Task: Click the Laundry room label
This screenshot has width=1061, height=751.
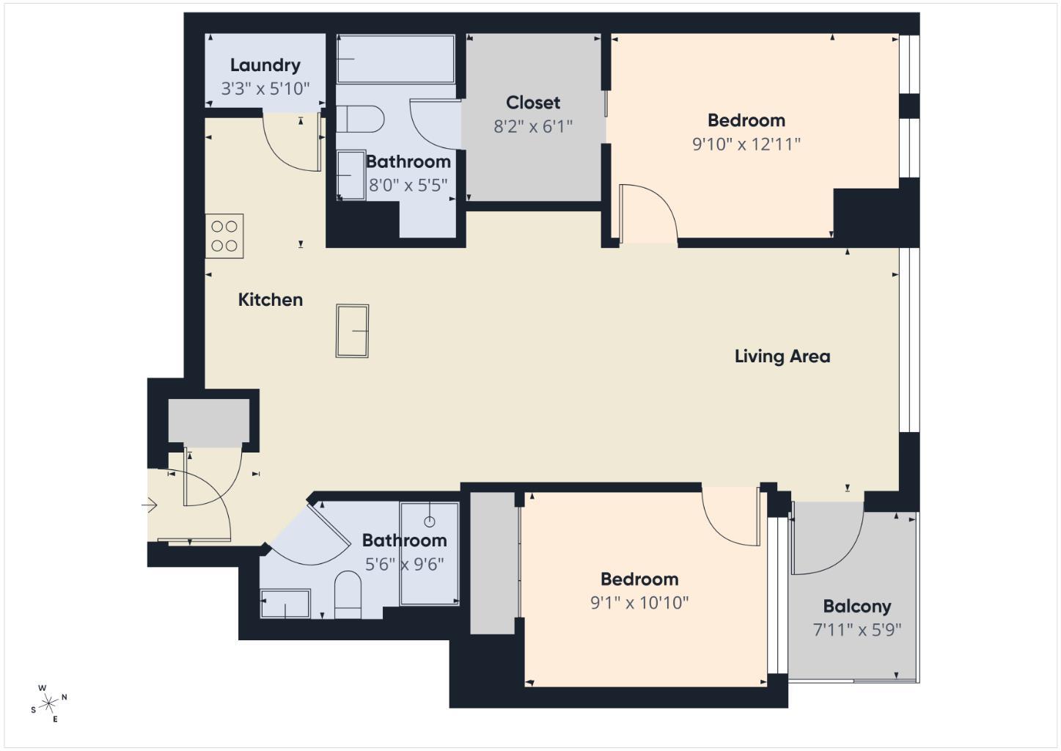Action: point(265,65)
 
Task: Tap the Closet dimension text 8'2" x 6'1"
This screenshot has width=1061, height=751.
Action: point(532,127)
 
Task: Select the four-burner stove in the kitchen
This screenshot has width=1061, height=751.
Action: point(224,236)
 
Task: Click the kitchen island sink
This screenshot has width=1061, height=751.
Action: point(352,331)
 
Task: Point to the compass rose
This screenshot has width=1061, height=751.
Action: point(49,704)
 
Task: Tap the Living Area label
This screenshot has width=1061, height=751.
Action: point(782,356)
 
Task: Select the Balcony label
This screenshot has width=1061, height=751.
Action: point(856,607)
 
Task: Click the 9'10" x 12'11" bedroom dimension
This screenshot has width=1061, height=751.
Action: point(746,144)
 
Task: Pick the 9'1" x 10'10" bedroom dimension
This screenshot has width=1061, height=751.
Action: point(639,603)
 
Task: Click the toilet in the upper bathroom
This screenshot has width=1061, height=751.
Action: point(361,119)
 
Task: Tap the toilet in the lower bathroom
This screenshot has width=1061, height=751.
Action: point(348,593)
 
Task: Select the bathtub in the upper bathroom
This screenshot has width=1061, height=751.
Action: point(395,59)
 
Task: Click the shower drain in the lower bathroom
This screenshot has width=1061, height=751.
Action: point(430,521)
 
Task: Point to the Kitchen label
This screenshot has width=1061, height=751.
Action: point(270,300)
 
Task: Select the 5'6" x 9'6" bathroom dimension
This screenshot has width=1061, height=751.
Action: point(404,565)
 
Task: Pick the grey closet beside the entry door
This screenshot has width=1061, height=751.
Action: point(208,421)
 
